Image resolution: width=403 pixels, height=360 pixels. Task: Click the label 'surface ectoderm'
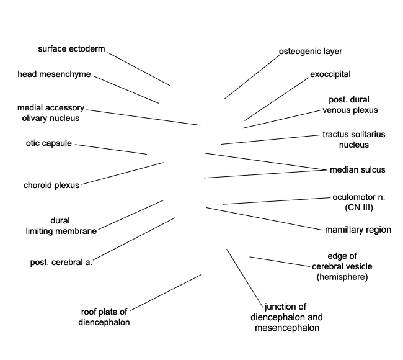pyautogui.click(x=71, y=48)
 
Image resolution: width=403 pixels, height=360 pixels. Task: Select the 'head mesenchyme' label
pyautogui.click(x=54, y=74)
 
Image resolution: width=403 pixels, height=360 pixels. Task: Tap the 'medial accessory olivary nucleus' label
pyautogui.click(x=51, y=113)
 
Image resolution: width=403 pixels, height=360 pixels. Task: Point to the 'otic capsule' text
pyautogui.click(x=49, y=143)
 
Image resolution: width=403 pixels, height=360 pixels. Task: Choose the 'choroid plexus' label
pyautogui.click(x=51, y=185)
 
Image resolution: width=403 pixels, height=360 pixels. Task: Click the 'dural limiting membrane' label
pyautogui.click(x=61, y=226)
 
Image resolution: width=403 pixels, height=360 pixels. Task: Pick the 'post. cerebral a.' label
pyautogui.click(x=61, y=262)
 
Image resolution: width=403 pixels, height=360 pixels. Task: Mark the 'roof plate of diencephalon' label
pyautogui.click(x=104, y=317)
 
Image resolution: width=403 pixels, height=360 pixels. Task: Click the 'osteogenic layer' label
pyautogui.click(x=311, y=52)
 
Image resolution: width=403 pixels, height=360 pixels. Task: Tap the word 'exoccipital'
pyautogui.click(x=330, y=74)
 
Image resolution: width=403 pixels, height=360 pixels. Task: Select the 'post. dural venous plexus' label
pyautogui.click(x=350, y=105)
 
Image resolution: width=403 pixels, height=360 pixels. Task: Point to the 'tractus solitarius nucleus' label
pyautogui.click(x=354, y=140)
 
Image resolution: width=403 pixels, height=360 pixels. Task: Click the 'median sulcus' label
pyautogui.click(x=358, y=169)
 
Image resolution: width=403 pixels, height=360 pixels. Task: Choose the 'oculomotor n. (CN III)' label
pyautogui.click(x=359, y=202)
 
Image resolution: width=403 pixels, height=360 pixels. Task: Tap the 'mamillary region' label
pyautogui.click(x=358, y=230)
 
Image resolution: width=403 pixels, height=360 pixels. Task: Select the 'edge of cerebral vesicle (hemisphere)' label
pyautogui.click(x=342, y=266)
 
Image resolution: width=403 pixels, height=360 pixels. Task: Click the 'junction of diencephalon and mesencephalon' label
pyautogui.click(x=286, y=317)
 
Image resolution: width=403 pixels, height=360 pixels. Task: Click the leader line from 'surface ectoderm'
pyautogui.click(x=138, y=69)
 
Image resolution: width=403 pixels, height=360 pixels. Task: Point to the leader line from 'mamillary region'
pyautogui.click(x=265, y=218)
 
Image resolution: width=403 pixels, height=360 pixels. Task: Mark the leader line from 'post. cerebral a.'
pyautogui.click(x=134, y=239)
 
